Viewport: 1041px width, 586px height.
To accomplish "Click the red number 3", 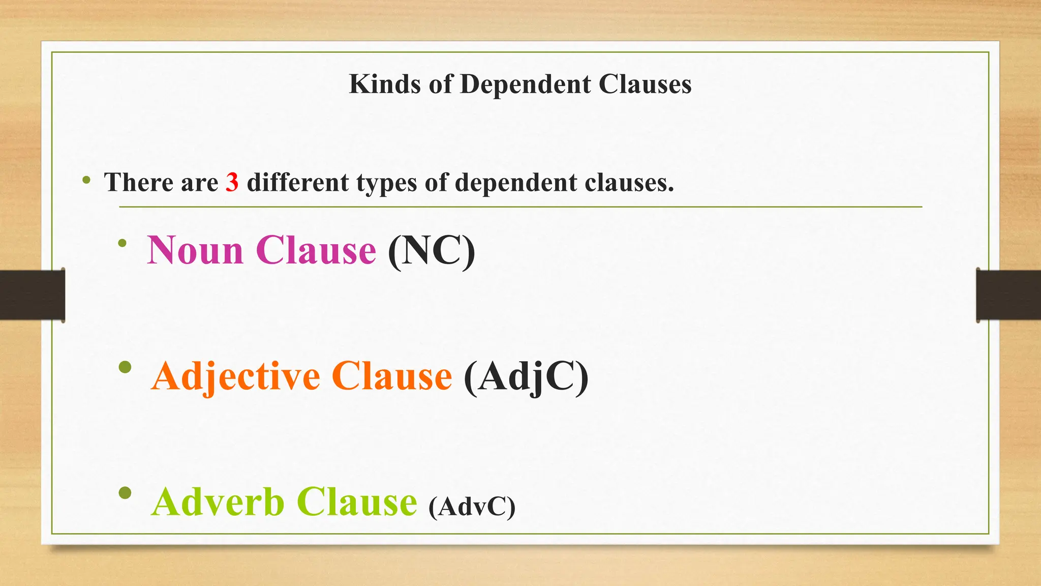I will tap(232, 182).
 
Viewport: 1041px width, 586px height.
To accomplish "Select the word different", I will tap(297, 182).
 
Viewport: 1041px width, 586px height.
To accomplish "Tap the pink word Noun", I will tap(196, 250).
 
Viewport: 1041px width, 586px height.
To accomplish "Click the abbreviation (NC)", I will tap(431, 250).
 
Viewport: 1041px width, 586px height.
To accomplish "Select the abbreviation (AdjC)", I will tap(526, 377).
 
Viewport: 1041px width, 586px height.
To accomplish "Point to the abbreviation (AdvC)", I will tap(472, 507).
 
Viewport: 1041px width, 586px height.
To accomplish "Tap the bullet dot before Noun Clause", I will tap(122, 244).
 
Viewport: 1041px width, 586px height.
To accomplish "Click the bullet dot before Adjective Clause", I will tap(125, 367).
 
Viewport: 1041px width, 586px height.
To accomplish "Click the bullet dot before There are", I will tap(86, 180).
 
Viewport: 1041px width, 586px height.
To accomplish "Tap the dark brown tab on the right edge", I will tap(1008, 295).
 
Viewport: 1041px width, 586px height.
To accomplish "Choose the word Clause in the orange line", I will tap(391, 377).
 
